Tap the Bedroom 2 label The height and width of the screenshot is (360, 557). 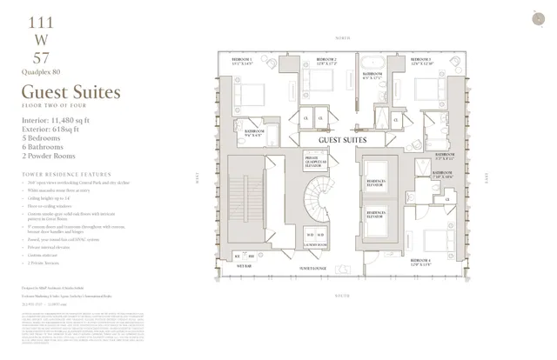click(x=321, y=62)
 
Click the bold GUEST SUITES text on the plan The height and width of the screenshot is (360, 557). click(x=341, y=139)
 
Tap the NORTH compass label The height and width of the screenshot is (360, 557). click(x=341, y=40)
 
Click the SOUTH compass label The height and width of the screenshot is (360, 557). click(x=341, y=296)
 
